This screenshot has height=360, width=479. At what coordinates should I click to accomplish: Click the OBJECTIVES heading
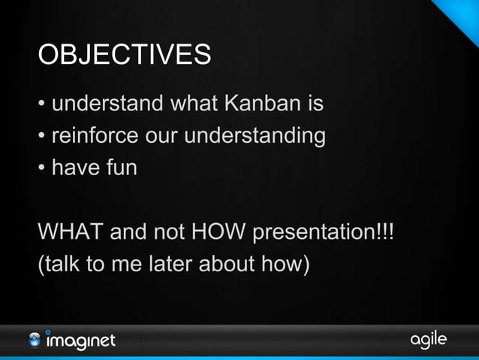(125, 56)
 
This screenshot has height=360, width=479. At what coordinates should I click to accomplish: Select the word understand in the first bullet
(108, 104)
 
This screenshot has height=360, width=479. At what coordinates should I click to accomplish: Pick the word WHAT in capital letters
(71, 233)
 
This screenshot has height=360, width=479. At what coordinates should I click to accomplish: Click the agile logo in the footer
(428, 340)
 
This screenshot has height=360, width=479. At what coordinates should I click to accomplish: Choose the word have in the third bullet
(77, 168)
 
